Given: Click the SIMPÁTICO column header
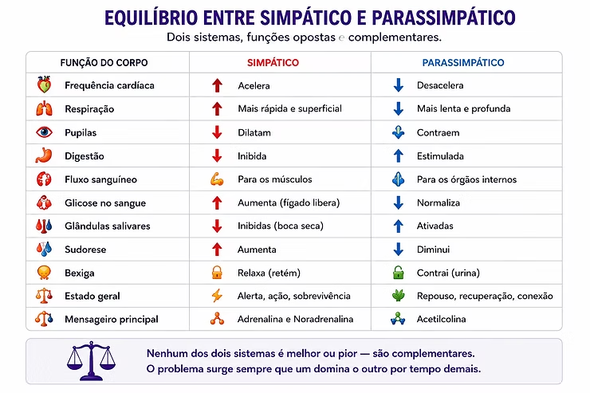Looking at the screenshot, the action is pos(273,62).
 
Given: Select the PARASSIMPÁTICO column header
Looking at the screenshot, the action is pos(462,62).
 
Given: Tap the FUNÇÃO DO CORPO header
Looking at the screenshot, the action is pos(104,62).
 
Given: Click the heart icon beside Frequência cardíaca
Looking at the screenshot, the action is pos(44,84).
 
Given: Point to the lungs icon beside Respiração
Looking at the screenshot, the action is pos(44,108).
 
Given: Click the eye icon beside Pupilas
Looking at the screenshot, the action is pos(44,132).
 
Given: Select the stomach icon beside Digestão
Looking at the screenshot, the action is pos(44,155).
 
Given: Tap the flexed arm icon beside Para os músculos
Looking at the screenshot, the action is pos(217,179).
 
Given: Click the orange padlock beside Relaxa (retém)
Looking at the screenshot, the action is pos(217,273).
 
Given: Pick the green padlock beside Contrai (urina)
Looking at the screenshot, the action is pos(398,273).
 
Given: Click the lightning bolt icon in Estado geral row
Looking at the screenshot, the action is pos(217,296).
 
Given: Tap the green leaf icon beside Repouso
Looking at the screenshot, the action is pos(398,296).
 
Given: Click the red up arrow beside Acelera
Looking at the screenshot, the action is pos(217,85).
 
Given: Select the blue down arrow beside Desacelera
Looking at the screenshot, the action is pos(398,85).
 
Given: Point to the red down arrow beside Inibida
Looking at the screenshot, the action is pos(217,155).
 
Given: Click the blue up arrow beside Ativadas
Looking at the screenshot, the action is pos(398,226).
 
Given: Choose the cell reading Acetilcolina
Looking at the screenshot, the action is pos(441,319).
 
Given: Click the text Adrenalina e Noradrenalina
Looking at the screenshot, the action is pos(295,319).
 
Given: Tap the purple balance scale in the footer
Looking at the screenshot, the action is pos(91,360).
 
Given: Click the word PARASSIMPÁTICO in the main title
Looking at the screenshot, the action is pos(443,18).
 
